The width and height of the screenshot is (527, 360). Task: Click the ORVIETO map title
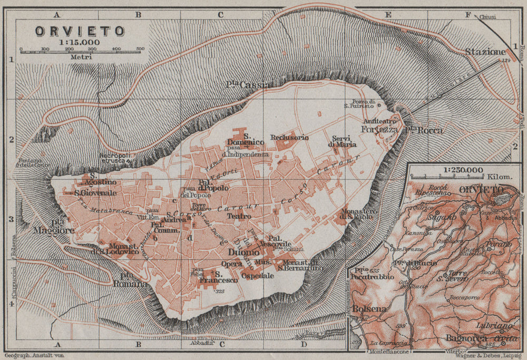[80, 31]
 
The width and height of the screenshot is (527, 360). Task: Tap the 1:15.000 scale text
[80, 42]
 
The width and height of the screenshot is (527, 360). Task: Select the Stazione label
[485, 52]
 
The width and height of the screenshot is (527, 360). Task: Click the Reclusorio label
[289, 138]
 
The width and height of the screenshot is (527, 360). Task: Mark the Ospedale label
[258, 276]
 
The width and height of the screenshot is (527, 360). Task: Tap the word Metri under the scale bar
[80, 57]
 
